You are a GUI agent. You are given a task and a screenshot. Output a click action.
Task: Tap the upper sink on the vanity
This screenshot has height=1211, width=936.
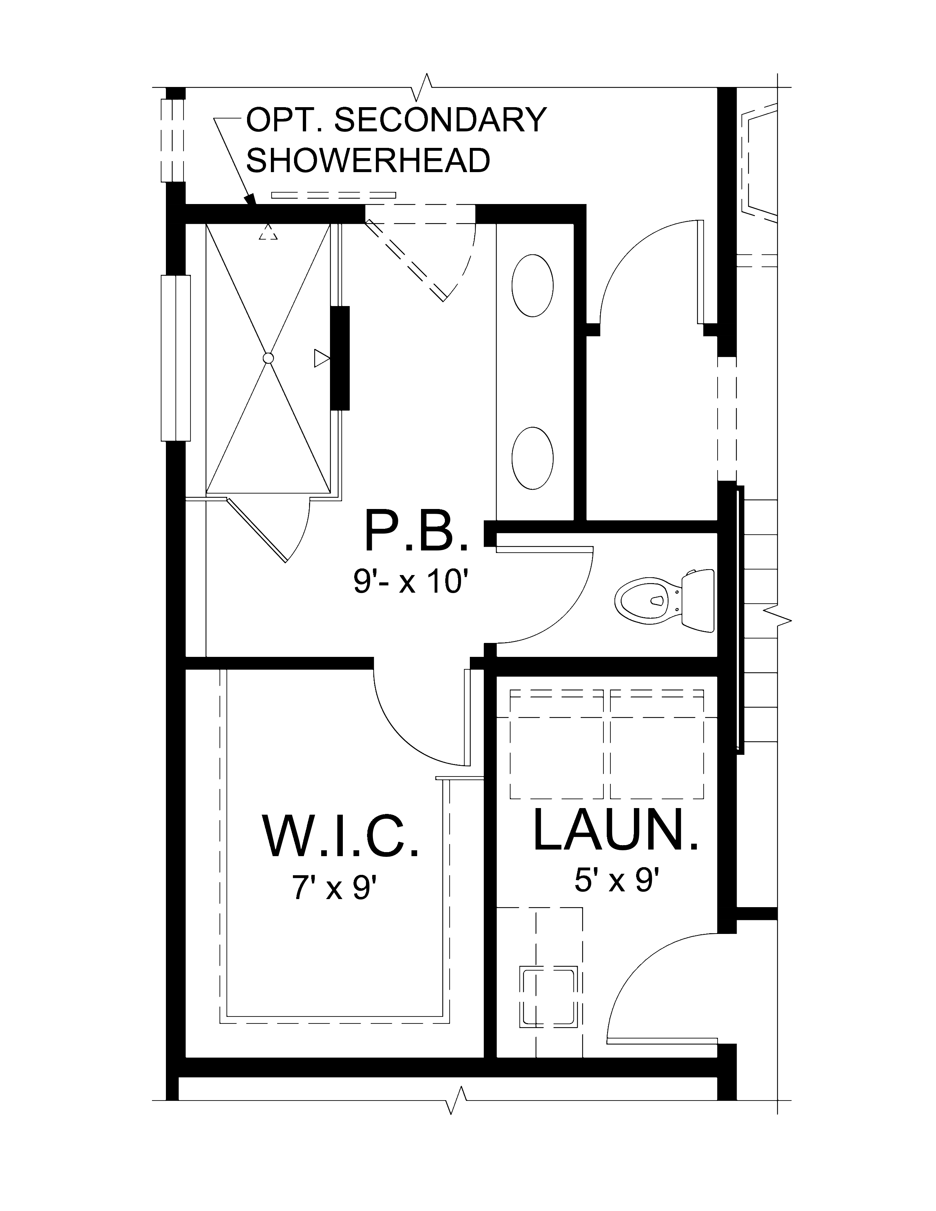532,286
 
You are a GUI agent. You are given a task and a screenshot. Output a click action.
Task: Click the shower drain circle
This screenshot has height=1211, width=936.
268,358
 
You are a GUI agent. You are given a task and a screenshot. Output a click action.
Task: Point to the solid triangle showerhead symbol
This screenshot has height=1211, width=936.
322,358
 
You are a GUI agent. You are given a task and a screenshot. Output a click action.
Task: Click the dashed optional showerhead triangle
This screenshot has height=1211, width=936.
268,232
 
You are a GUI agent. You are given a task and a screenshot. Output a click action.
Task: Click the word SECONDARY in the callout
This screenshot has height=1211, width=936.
441,120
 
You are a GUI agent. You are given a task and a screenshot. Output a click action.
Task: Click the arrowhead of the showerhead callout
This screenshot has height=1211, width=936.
251,200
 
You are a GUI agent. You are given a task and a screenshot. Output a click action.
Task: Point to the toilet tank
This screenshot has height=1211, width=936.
697,600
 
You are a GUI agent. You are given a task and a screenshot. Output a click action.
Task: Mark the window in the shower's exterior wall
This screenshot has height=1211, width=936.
176,358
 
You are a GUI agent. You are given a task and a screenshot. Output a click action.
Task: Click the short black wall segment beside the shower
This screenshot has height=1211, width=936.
340,358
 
